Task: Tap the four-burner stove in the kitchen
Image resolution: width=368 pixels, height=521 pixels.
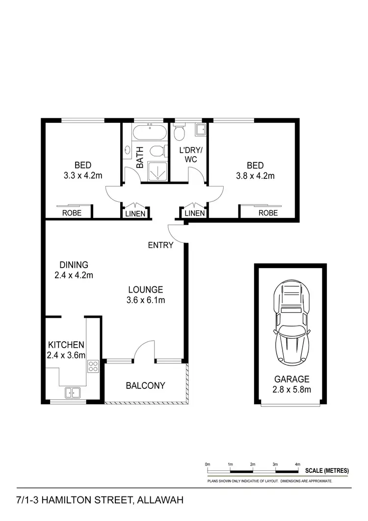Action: click(x=93, y=366)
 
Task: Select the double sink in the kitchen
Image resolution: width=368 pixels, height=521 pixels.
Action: click(x=73, y=392)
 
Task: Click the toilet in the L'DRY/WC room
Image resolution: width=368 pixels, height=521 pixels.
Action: click(x=179, y=132)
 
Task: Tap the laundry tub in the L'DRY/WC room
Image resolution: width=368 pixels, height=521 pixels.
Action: click(x=201, y=130)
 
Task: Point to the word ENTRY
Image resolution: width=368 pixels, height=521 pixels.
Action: click(x=160, y=245)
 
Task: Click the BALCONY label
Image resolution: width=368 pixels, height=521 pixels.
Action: click(x=145, y=385)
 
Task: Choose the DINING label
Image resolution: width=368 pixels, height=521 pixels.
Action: click(x=72, y=265)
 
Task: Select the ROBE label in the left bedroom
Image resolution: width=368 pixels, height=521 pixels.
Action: click(x=71, y=213)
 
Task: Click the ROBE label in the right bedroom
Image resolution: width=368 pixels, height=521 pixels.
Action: click(x=268, y=213)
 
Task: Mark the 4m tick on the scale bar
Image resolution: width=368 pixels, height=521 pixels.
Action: click(x=298, y=464)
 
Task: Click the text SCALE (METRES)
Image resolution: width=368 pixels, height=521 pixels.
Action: click(x=327, y=470)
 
